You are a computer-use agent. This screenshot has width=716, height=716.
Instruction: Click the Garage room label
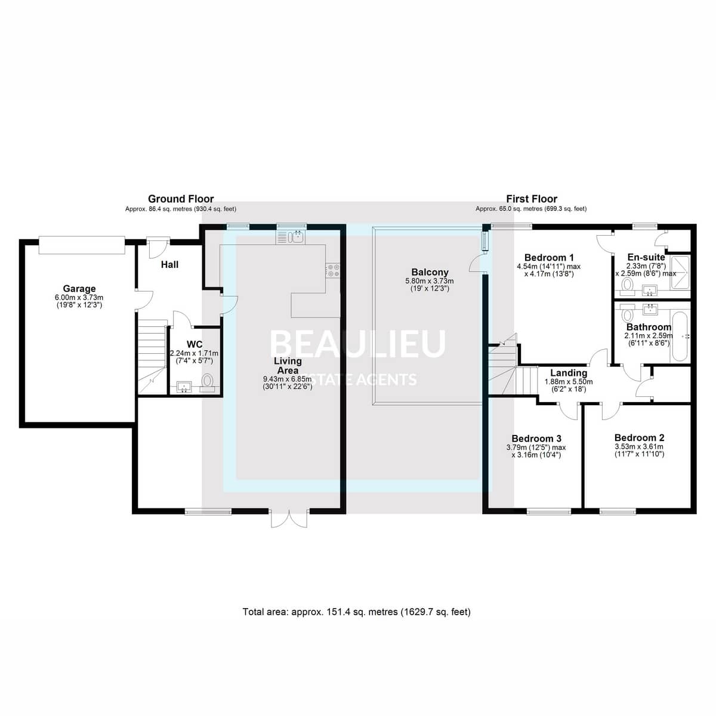point(79,288)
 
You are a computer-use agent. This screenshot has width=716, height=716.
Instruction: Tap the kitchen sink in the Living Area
point(291,237)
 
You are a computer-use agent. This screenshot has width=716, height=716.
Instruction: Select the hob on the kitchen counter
point(333,270)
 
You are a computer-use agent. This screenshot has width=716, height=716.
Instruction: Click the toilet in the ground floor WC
point(207,383)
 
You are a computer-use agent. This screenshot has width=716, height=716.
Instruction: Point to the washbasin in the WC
point(184,387)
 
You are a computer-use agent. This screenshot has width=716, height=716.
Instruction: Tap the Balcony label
point(430,272)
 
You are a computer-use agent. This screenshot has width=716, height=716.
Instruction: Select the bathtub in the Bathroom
point(680,337)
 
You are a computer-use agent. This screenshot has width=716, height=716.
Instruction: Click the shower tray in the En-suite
point(680,273)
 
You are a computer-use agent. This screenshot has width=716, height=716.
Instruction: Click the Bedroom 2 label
point(639,438)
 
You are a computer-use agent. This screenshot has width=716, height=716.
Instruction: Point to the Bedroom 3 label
point(536,439)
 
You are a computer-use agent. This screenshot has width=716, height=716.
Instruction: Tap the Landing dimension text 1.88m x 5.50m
point(569,382)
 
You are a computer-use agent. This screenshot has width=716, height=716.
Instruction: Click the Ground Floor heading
point(181,199)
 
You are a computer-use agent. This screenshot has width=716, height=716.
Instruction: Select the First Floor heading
point(532,199)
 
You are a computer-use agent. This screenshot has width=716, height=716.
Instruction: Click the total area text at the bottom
point(356,612)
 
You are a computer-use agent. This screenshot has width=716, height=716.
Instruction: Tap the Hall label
point(169,264)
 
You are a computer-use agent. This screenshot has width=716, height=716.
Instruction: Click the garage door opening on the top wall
point(82,245)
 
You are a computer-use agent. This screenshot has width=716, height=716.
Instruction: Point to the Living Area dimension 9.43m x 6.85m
point(288,379)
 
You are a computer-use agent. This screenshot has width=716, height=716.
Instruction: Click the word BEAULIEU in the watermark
point(357,344)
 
